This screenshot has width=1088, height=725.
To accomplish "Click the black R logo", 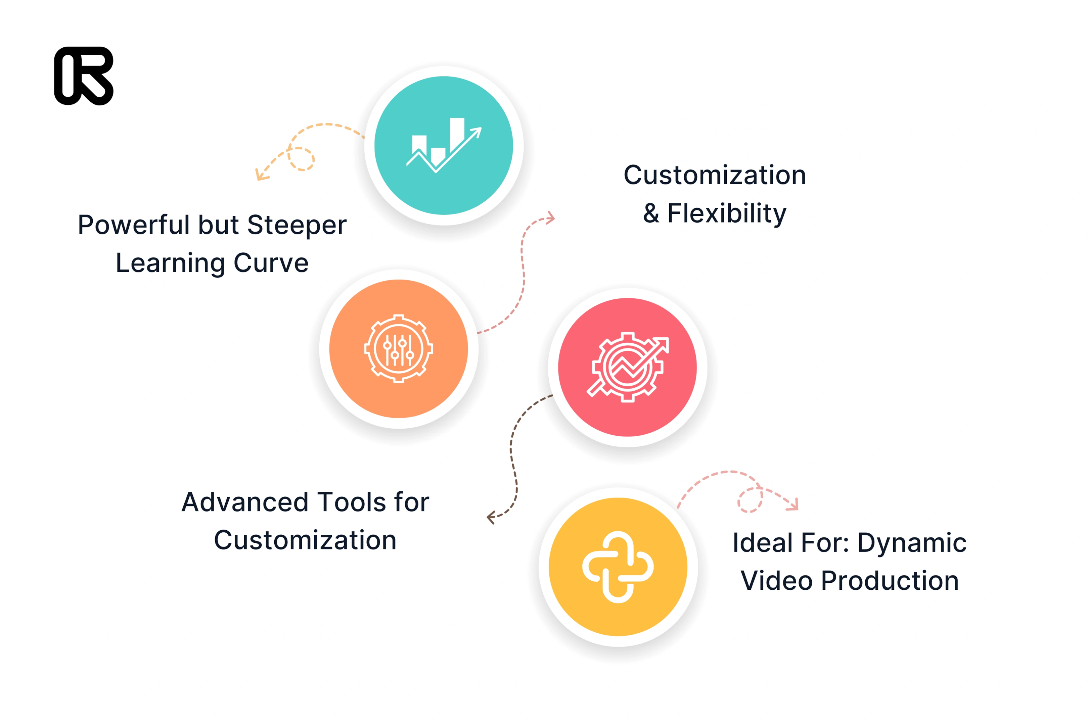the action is point(84,76).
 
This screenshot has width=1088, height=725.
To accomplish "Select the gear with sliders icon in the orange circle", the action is point(398,349).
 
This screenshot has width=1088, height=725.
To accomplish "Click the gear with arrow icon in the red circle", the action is point(628,367).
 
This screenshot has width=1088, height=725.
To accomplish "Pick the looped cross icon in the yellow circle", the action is point(618,567).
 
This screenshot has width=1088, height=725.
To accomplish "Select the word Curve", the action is point(271,263).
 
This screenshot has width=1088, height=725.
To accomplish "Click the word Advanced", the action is point(245,502).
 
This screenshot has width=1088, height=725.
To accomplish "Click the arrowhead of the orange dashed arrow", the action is point(261,174).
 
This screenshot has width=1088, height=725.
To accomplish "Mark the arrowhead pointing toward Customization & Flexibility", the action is point(550,218).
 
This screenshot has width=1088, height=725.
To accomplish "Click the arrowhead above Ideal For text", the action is point(793,504).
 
